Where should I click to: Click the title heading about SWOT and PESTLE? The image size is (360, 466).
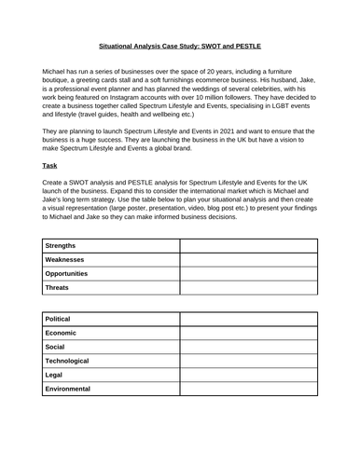pos(180,43)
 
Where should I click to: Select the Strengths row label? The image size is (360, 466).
pos(64,245)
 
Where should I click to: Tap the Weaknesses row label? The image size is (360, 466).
pos(68,260)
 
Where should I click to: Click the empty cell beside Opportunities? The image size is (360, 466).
pos(248,275)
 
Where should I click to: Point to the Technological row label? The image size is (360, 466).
pos(75,359)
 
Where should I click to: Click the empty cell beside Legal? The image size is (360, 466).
pos(248,373)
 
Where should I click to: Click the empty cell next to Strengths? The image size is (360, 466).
pos(248,245)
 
